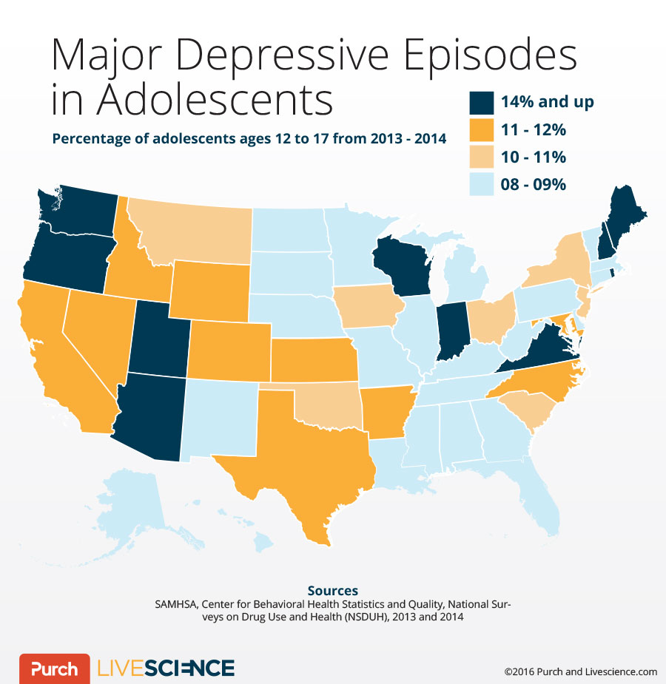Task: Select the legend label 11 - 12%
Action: coord(533,130)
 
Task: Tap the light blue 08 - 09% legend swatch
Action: coord(481,185)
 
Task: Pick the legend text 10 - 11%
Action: coord(533,158)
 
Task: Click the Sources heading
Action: coord(333,590)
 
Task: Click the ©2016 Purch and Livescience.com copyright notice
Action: coord(580,671)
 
